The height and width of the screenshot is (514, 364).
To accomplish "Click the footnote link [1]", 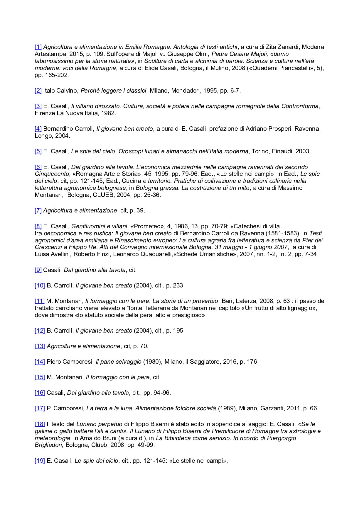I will tap(38, 47).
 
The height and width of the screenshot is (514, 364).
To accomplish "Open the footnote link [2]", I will tap(38, 91).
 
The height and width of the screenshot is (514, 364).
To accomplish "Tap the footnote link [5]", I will tap(38, 151).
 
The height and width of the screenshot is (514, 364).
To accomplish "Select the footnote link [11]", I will tap(40, 301).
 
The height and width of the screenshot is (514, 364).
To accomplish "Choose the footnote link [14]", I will tap(40, 362).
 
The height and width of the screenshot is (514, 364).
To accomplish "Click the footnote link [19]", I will tap(40, 461).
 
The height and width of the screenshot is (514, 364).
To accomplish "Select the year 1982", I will tap(108, 113).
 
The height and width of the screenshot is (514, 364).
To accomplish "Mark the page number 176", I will tap(252, 362).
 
